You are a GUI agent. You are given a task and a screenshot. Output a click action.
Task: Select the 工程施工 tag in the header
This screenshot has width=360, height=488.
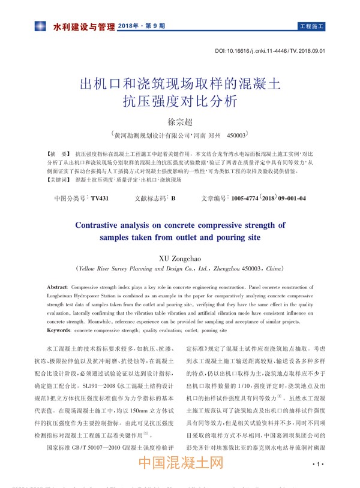coord(311,27)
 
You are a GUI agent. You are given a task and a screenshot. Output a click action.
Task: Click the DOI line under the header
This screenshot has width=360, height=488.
coord(269,51)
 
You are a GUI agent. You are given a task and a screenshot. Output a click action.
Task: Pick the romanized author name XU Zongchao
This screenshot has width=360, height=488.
coord(180,258)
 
